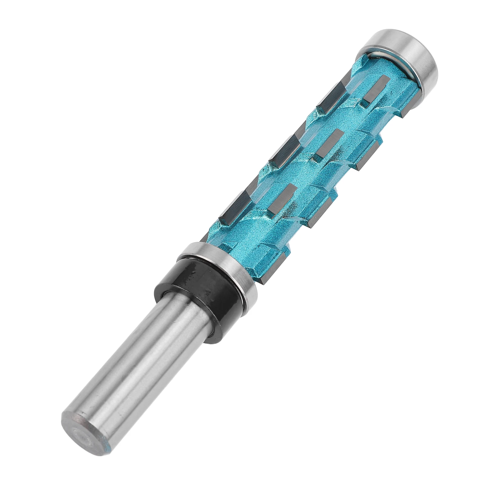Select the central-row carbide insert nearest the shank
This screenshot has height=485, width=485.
point(280,200)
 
